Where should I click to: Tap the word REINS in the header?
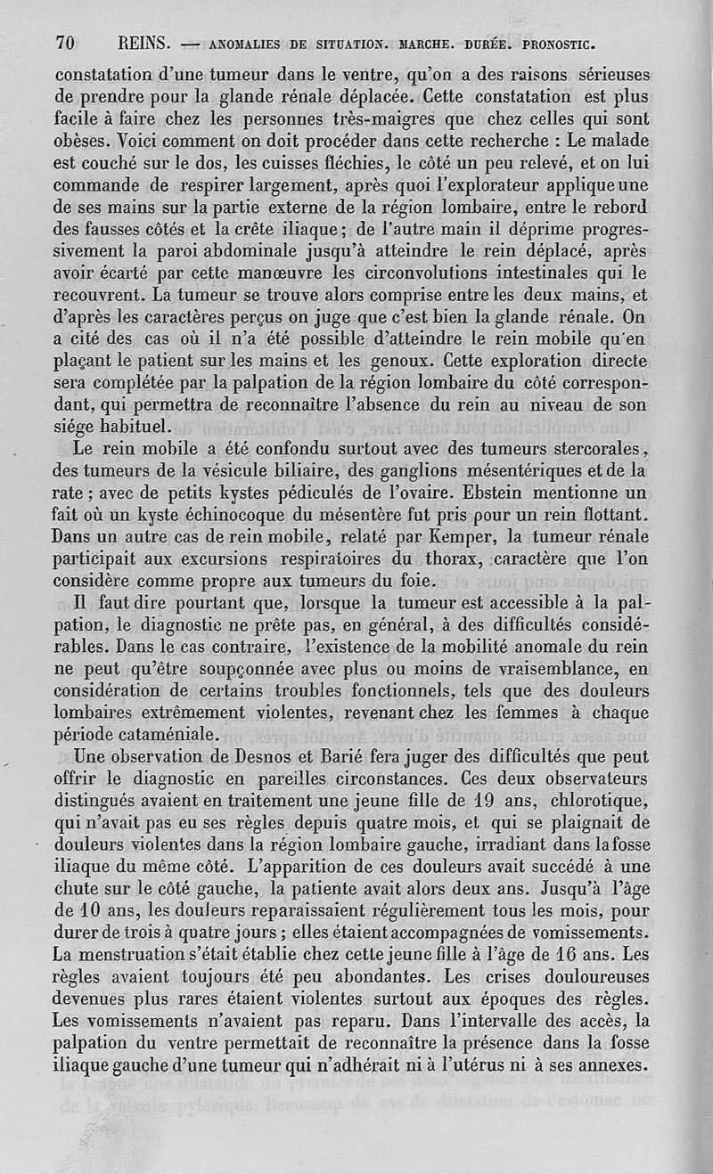tap(143, 43)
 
